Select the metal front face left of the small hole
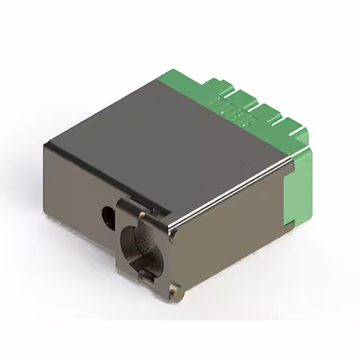(x=73, y=197)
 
